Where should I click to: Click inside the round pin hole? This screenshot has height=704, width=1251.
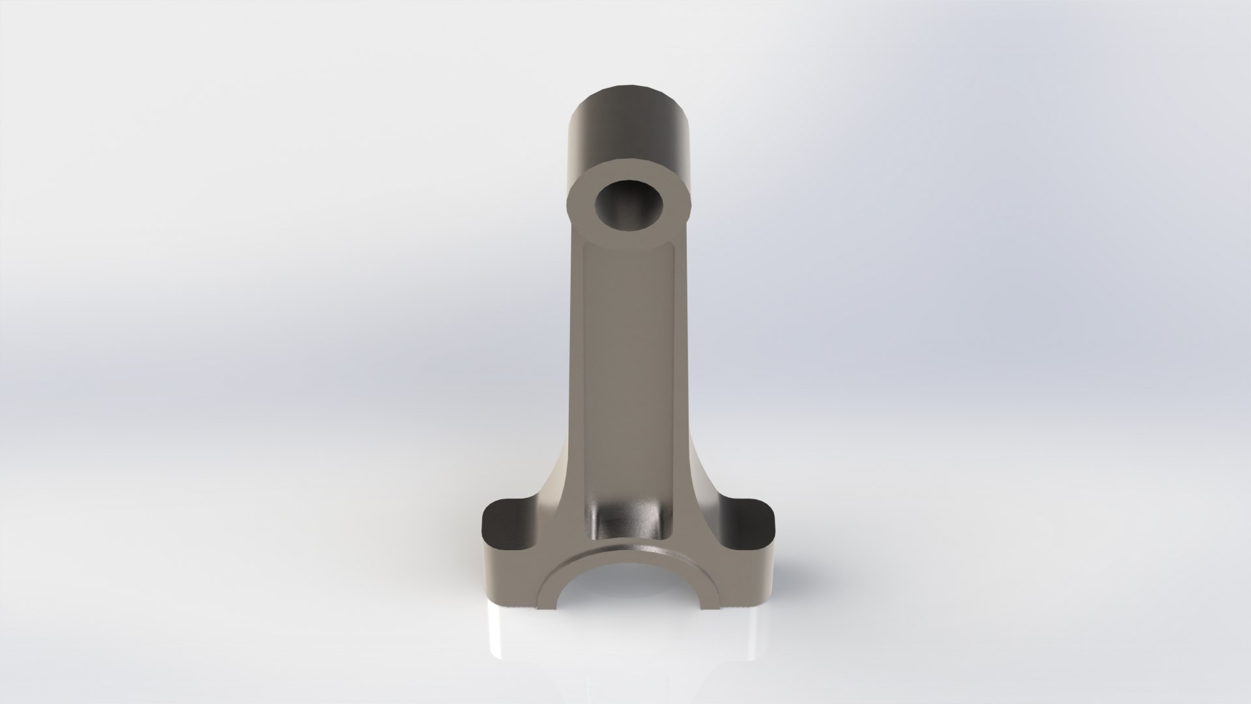click(x=627, y=208)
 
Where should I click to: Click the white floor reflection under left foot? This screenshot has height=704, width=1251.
click(x=515, y=626)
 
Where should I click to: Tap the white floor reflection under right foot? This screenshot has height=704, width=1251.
click(x=740, y=626)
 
